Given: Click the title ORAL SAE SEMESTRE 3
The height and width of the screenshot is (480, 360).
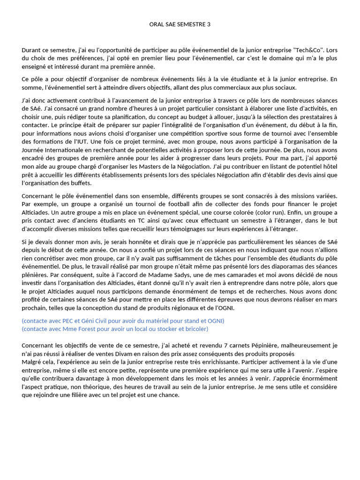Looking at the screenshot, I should pos(180,24).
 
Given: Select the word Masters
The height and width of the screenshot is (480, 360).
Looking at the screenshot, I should pos(150,167).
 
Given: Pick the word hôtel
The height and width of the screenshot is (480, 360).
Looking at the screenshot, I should pos(328,167).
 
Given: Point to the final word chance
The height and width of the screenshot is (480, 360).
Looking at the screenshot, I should pos(169,395).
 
